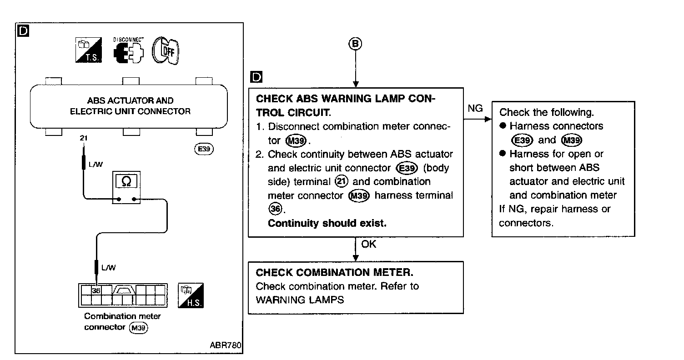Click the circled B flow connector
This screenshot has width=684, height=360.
pyautogui.click(x=355, y=44)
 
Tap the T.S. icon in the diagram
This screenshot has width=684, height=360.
pyautogui.click(x=89, y=50)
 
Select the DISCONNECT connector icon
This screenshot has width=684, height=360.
pyautogui.click(x=128, y=50)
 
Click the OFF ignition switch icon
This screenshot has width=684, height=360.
pyautogui.click(x=166, y=50)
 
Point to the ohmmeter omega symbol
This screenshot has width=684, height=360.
pyautogui.click(x=126, y=181)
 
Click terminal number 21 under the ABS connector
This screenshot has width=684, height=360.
pyautogui.click(x=84, y=138)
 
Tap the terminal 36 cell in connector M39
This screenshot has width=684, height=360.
pyautogui.click(x=96, y=290)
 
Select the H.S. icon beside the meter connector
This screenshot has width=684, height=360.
pyautogui.click(x=191, y=295)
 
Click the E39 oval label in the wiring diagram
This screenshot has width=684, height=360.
pyautogui.click(x=204, y=149)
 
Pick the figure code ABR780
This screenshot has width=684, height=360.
pyautogui.click(x=226, y=345)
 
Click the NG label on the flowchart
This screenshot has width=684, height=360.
pyautogui.click(x=475, y=108)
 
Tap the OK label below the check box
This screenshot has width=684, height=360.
pyautogui.click(x=368, y=244)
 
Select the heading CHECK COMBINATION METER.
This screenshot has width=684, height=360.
pyautogui.click(x=334, y=272)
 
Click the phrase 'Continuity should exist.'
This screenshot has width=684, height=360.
pyautogui.click(x=327, y=223)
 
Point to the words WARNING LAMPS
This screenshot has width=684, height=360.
pyautogui.click(x=300, y=300)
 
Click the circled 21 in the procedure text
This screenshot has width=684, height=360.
pyautogui.click(x=342, y=181)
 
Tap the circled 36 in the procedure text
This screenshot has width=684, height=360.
pyautogui.click(x=275, y=209)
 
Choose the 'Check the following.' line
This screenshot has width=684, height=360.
pyautogui.click(x=547, y=113)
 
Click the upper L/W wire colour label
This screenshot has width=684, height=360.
pyautogui.click(x=96, y=165)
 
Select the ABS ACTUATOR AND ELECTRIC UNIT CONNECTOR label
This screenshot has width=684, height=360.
pyautogui.click(x=130, y=106)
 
